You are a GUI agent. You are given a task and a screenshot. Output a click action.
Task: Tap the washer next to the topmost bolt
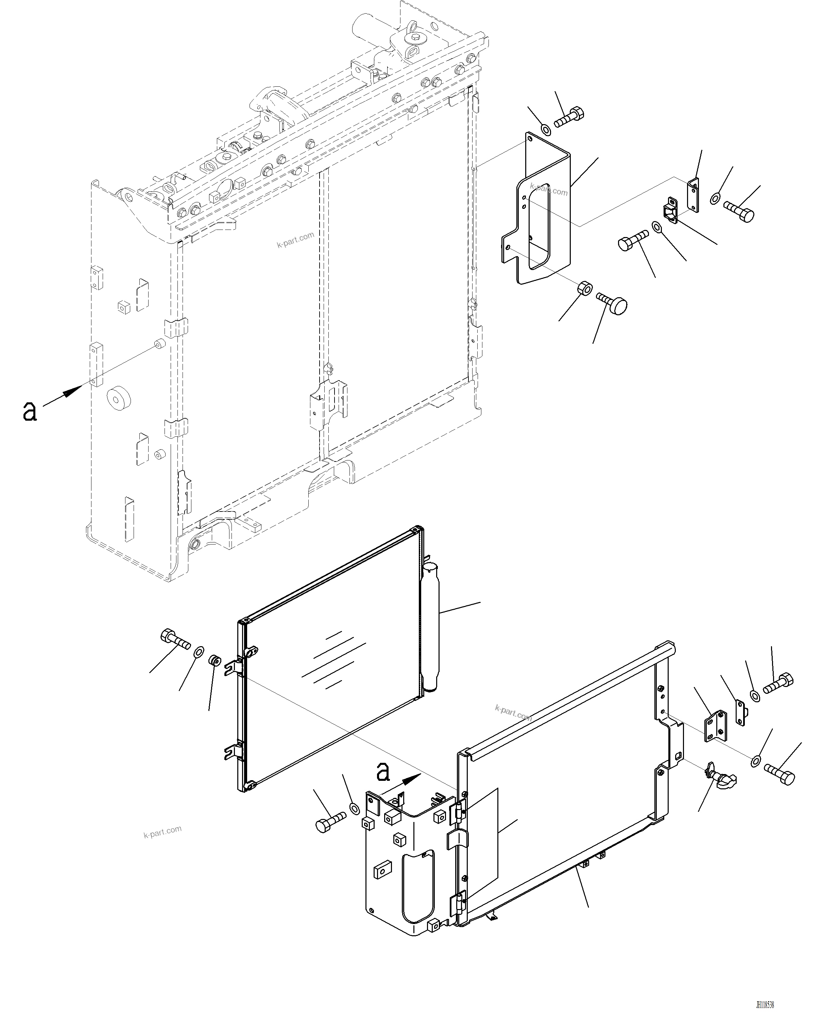click(x=546, y=128)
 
